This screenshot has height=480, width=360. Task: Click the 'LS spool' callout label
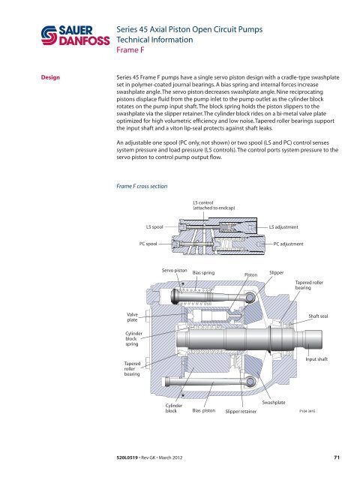point(155,226)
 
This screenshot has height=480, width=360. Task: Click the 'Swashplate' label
point(277,403)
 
